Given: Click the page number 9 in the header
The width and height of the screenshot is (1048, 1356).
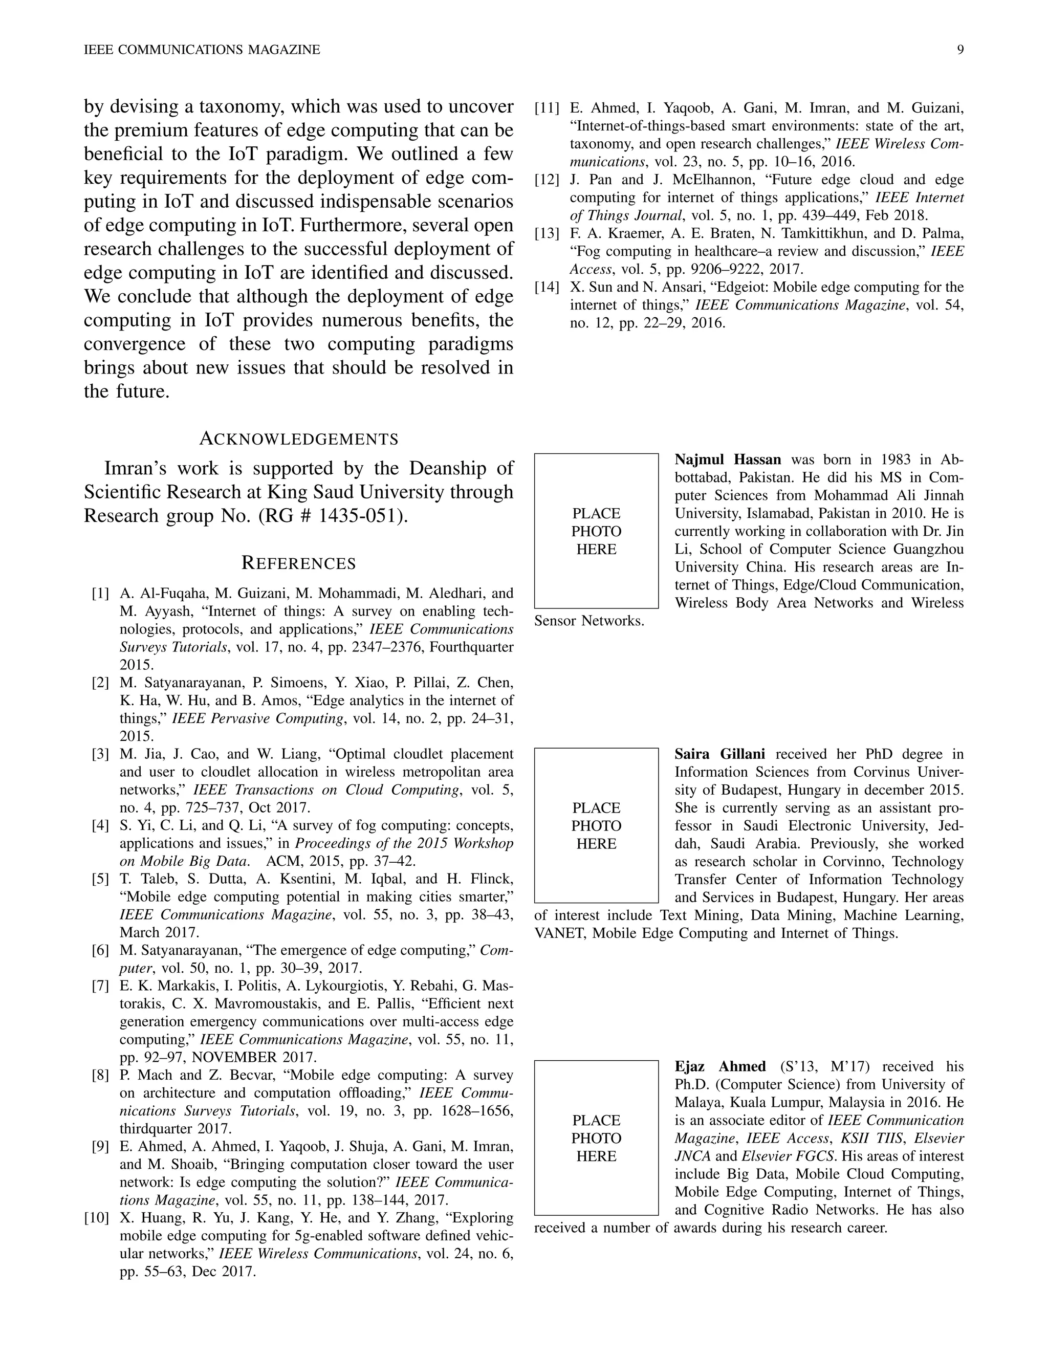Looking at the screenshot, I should [960, 50].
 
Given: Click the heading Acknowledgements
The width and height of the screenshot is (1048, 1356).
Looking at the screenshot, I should [299, 439].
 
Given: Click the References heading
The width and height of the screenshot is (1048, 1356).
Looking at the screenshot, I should [299, 563].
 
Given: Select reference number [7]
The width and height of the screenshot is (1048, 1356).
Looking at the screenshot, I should [101, 986].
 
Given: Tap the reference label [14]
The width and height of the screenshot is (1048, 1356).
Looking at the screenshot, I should [548, 287].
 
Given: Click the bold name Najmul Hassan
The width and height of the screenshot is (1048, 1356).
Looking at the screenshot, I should [728, 460].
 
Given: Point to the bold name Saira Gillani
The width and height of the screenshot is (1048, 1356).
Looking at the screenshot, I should [719, 754].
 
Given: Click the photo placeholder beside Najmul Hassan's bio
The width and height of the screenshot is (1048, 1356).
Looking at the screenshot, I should [596, 531].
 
